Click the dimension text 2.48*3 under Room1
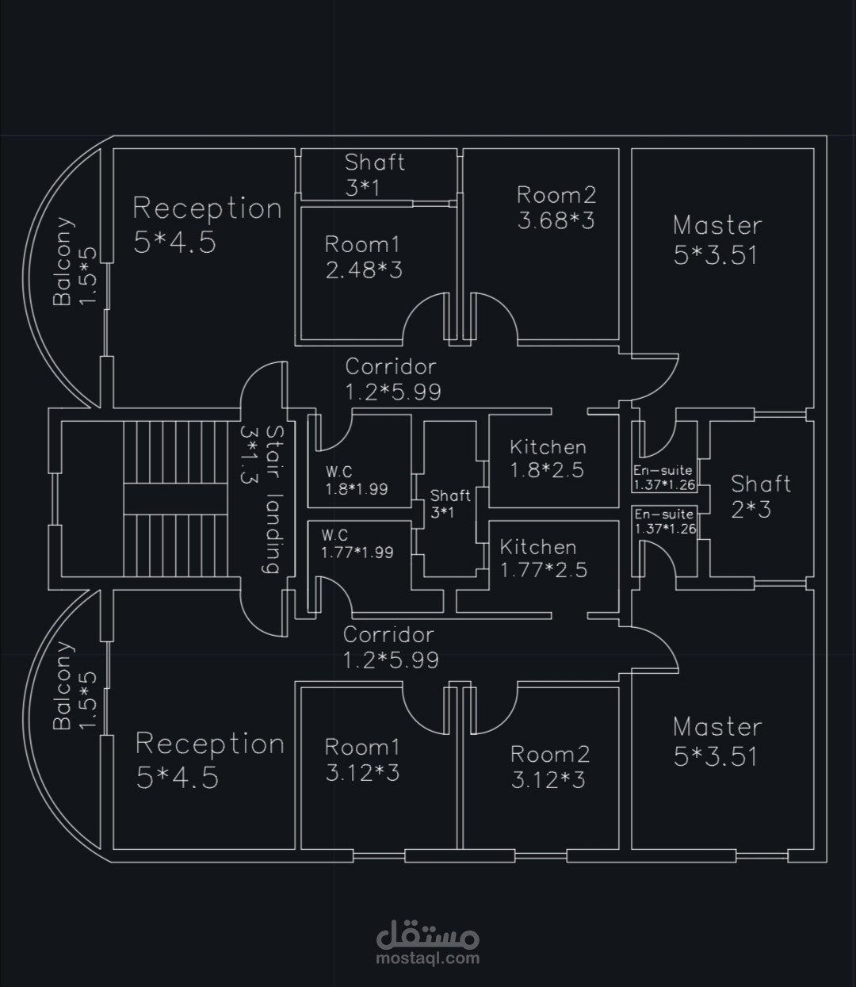click(364, 270)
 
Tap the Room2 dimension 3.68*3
click(556, 220)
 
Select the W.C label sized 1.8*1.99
click(339, 472)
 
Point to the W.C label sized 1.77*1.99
click(334, 536)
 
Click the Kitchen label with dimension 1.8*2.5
click(548, 447)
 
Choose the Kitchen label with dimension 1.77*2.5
click(538, 547)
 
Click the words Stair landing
click(273, 499)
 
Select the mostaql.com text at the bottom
click(429, 958)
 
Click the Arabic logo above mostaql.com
click(428, 934)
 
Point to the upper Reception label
click(207, 208)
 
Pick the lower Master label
click(717, 727)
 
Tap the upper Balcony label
click(63, 262)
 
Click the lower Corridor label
click(388, 635)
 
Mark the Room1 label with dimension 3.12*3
click(362, 747)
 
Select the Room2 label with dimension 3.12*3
click(549, 754)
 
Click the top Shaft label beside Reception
click(374, 163)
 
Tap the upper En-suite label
click(663, 470)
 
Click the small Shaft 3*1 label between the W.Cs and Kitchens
click(449, 495)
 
